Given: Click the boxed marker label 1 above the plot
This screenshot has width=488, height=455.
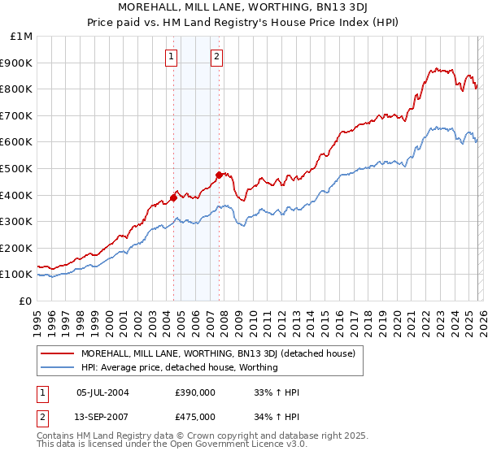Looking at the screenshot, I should (x=172, y=56).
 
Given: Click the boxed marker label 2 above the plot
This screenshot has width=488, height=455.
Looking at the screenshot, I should (x=218, y=56).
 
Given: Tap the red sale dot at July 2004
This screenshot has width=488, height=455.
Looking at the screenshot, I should (x=173, y=197).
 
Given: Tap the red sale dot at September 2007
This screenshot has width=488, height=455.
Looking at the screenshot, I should (x=219, y=175).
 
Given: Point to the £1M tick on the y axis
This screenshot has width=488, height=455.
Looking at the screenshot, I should (x=22, y=36).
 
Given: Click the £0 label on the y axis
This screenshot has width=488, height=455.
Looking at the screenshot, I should (x=24, y=301).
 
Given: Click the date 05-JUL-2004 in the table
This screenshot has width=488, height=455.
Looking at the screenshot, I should (x=102, y=392).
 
